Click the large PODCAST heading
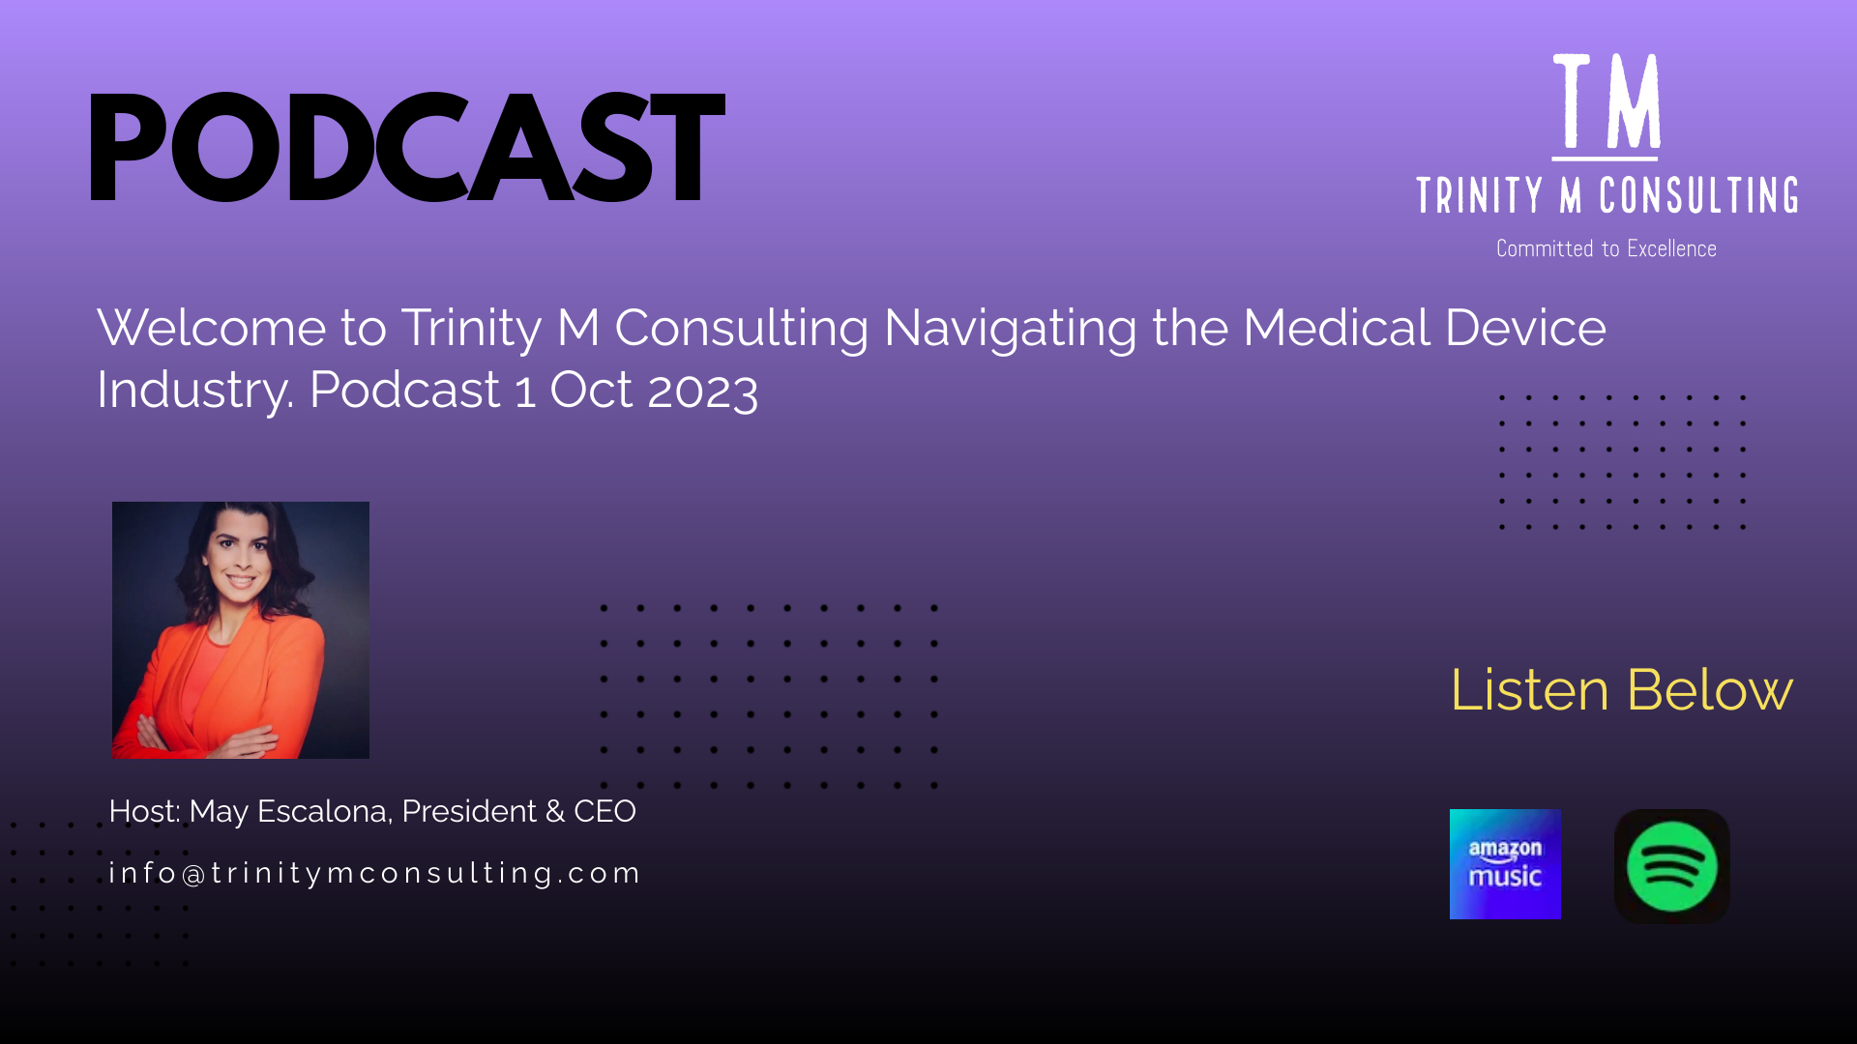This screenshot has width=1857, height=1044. point(406,147)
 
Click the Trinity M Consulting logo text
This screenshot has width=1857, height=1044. point(1606,195)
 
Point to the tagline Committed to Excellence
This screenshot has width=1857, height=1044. point(1606,248)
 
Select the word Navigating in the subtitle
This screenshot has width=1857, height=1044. point(1010,329)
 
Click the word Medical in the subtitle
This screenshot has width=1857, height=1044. point(1337,328)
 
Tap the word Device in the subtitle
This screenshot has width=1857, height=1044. point(1526,328)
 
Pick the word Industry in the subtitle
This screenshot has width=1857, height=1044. point(194,391)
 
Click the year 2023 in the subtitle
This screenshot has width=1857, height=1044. point(702,391)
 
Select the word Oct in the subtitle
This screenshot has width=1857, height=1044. point(592,390)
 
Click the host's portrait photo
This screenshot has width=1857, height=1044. point(241,630)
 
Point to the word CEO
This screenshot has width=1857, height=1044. point(604,811)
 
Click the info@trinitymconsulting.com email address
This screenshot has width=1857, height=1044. point(374,873)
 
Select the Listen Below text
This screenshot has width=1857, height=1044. point(1622,690)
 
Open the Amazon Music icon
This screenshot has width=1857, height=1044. point(1505,864)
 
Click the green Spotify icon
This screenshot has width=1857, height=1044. point(1672,866)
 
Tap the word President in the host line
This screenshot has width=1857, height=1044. point(469,811)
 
